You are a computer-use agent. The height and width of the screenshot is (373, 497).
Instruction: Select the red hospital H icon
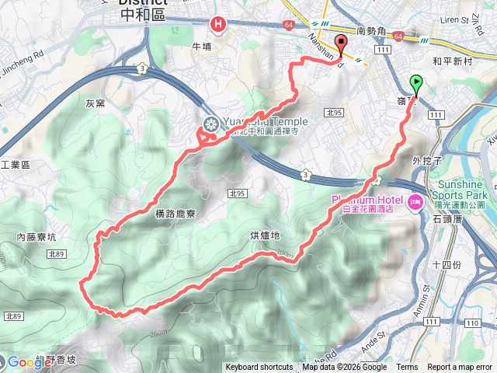[x=219, y=25]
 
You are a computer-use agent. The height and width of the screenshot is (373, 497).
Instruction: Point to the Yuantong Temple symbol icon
[x=210, y=123]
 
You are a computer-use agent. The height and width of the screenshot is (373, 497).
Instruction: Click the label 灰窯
[x=95, y=102]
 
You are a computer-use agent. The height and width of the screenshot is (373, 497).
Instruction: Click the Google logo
[x=30, y=362]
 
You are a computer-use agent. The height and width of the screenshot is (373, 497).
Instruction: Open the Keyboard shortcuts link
[x=259, y=368]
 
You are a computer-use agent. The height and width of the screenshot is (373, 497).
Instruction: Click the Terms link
[x=407, y=368]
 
